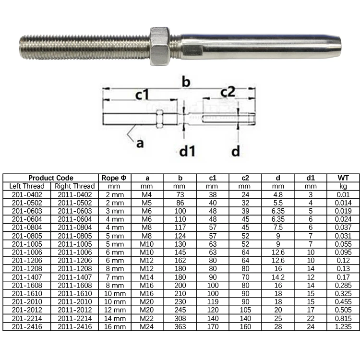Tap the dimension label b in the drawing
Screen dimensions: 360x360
pyautogui.click(x=186, y=83)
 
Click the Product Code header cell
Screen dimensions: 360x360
pyautogui.click(x=51, y=178)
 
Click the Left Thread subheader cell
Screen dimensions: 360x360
pyautogui.click(x=27, y=186)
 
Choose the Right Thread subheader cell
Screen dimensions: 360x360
pyautogui.click(x=74, y=186)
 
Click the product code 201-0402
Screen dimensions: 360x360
pyautogui.click(x=27, y=194)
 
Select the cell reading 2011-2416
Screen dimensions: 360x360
pyautogui.click(x=74, y=326)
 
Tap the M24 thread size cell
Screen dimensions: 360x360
pyautogui.click(x=147, y=326)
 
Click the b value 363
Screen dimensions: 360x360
pyautogui.click(x=180, y=326)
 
